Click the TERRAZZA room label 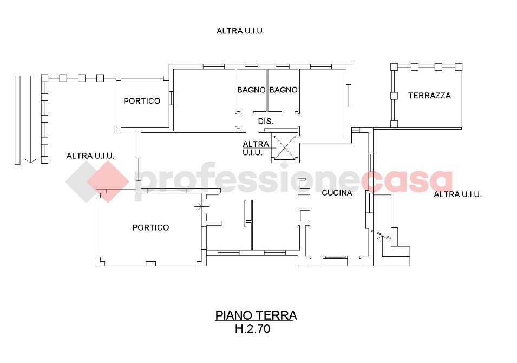[429, 96]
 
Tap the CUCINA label [337, 192]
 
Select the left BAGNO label [251, 90]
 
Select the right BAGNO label [284, 90]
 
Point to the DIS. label [266, 122]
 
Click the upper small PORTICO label [142, 100]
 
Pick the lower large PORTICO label [150, 227]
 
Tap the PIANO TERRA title [256, 315]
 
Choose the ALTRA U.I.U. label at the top [240, 31]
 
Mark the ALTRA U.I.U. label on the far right [457, 194]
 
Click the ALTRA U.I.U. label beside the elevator [256, 148]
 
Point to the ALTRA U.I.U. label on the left [90, 156]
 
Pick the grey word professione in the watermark [249, 181]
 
